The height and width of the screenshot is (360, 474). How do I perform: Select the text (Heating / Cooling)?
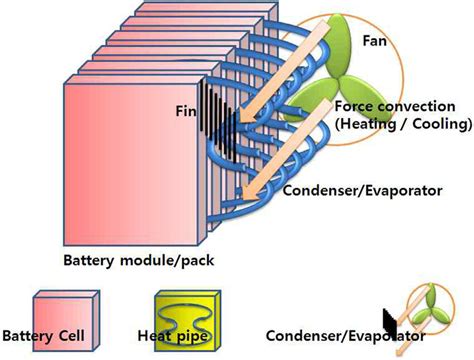click(404, 124)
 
